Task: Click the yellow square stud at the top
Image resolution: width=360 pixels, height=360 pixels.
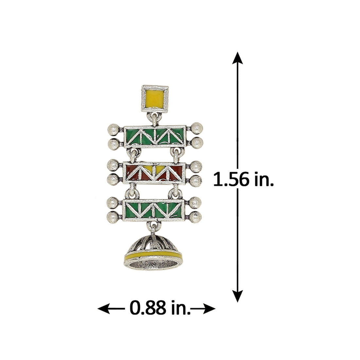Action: [155, 99]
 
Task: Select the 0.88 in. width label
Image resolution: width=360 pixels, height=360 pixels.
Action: [160, 308]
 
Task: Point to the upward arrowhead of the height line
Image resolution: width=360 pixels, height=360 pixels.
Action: [237, 58]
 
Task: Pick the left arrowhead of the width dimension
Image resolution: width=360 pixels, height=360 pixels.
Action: [103, 308]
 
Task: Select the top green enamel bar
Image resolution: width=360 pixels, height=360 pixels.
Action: [155, 136]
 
